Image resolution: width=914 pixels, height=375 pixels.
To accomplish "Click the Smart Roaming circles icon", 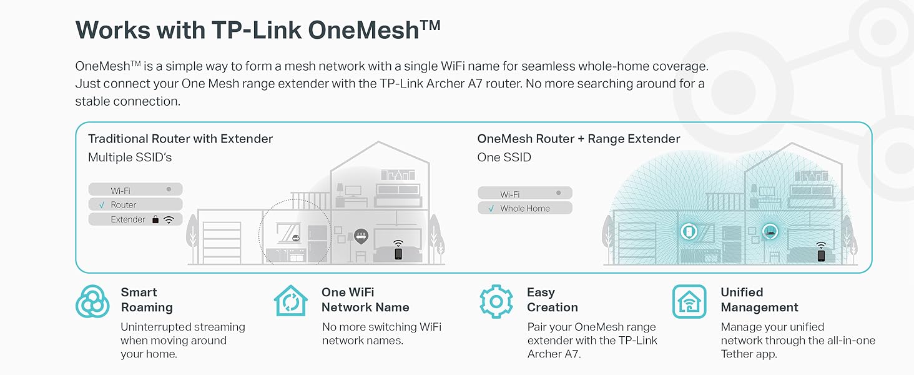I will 92,301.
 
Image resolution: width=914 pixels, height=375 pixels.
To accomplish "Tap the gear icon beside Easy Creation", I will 496,301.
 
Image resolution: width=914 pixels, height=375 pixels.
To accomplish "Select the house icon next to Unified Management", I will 689,301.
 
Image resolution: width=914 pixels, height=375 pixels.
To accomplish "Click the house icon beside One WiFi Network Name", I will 291,301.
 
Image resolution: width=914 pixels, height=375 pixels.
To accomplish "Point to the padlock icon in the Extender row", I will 155,220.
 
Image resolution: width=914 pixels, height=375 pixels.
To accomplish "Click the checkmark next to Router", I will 101,205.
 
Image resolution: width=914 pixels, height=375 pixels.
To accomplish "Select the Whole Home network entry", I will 524,209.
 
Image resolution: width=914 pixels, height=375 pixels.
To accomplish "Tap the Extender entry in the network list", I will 128,220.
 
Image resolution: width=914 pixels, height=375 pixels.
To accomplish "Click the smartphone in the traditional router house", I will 398,253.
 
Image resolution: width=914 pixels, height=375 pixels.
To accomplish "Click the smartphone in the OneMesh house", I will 821,255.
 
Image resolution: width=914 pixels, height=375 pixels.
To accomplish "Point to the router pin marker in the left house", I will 361,236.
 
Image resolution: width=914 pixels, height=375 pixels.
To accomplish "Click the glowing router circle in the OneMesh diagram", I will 770,231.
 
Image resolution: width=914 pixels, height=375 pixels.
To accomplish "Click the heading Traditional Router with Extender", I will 180,139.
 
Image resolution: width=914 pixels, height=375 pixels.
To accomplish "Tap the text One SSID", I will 504,157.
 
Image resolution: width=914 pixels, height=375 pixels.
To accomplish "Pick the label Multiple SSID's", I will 130,157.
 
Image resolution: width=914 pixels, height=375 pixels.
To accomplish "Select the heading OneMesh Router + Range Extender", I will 578,139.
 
